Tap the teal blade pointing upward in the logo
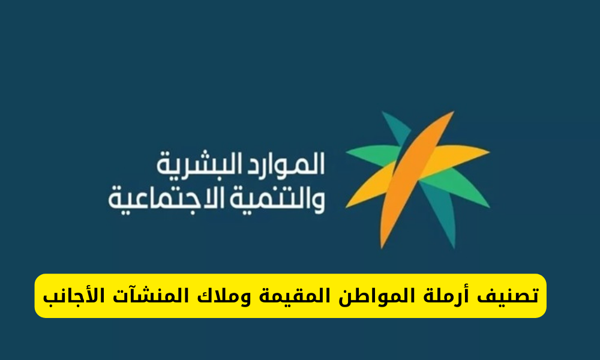click(x=395, y=129)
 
